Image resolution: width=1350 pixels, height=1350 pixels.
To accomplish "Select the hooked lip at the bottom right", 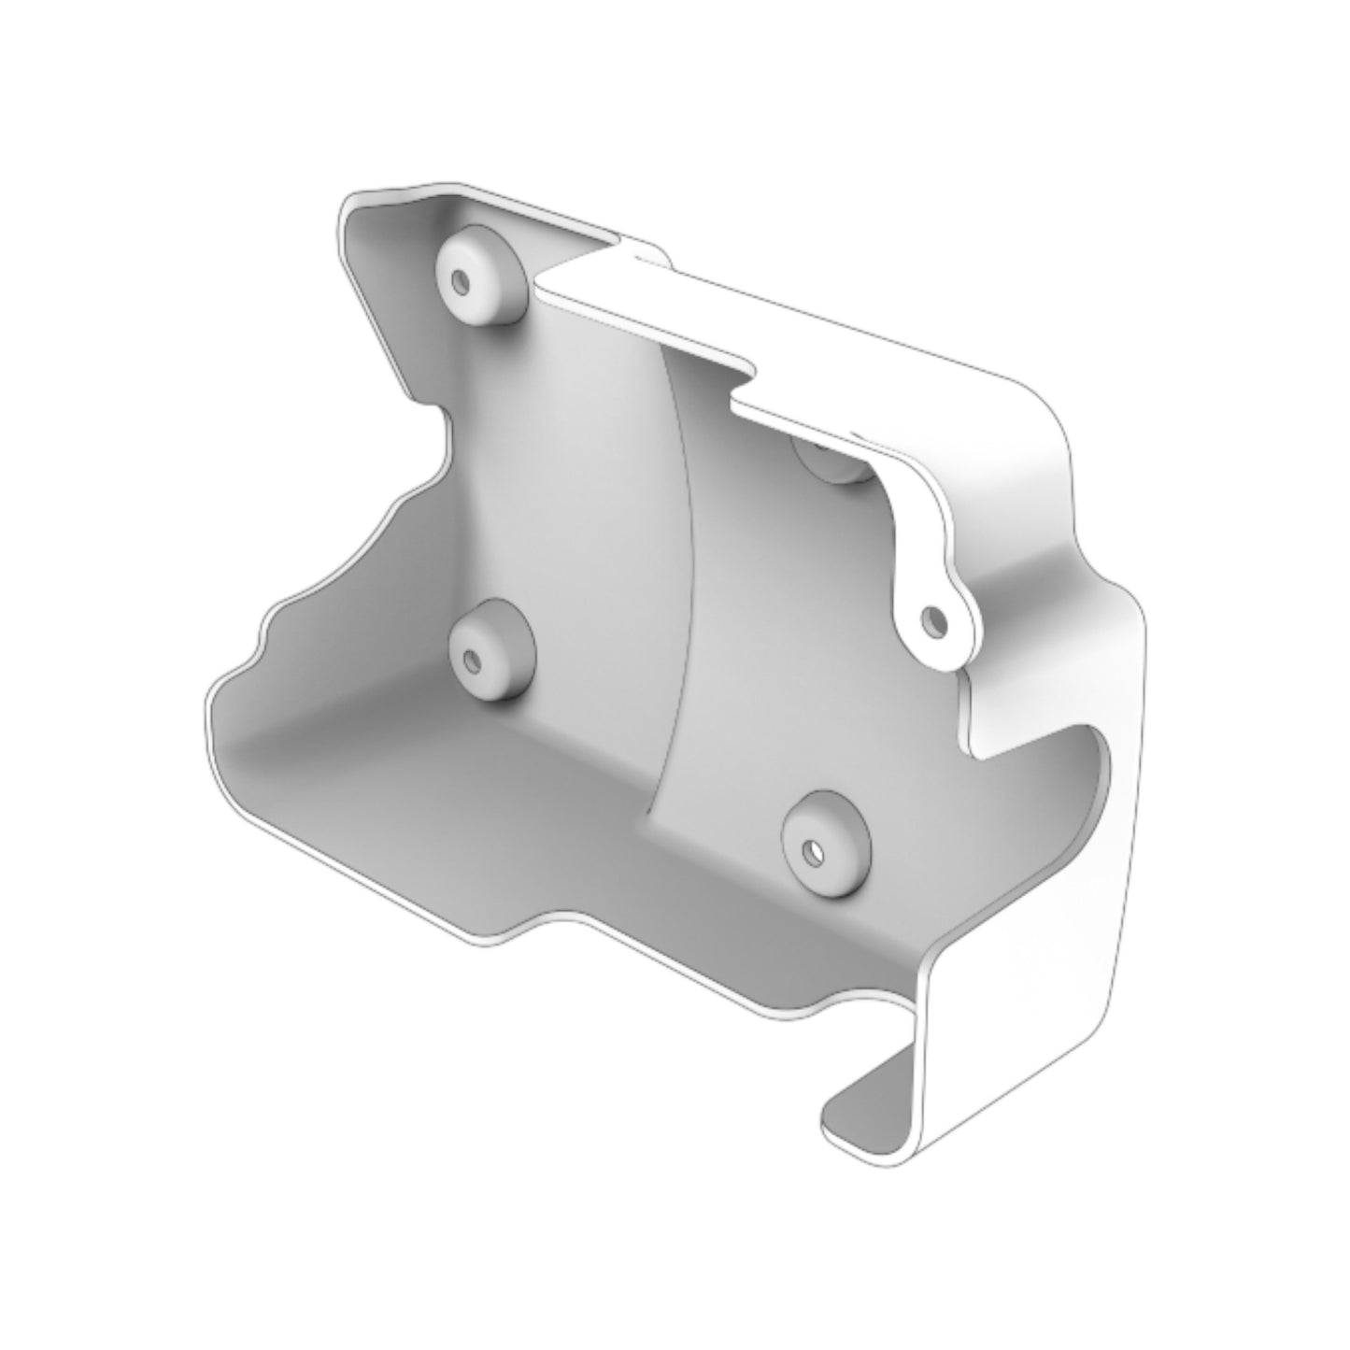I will [869, 1116].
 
